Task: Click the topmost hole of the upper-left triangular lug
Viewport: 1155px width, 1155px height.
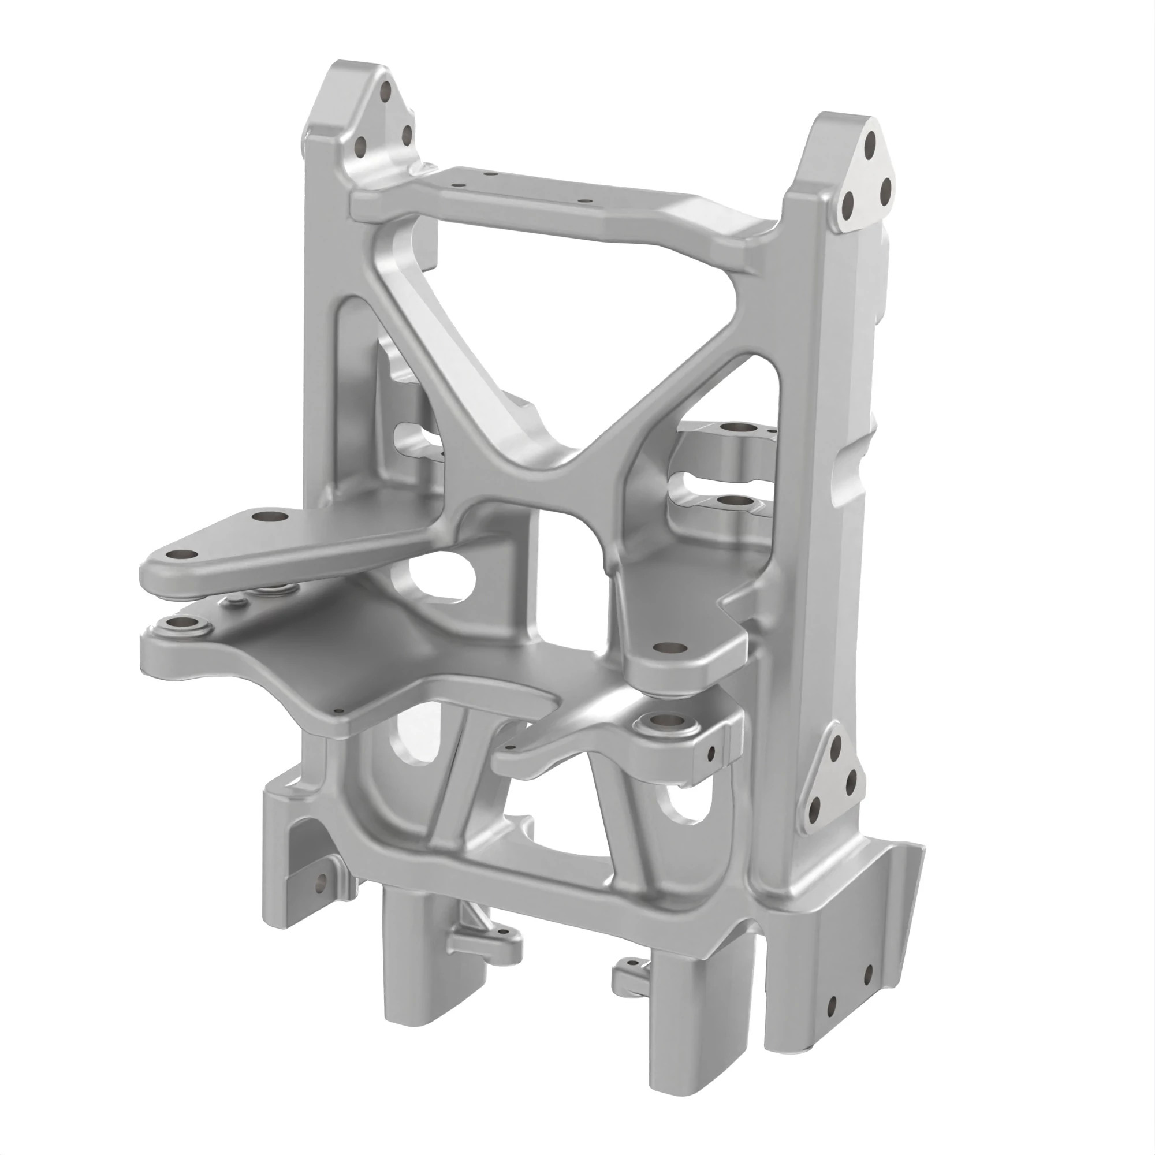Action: pyautogui.click(x=386, y=91)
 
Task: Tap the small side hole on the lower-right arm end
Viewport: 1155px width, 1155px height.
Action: pyautogui.click(x=711, y=755)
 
